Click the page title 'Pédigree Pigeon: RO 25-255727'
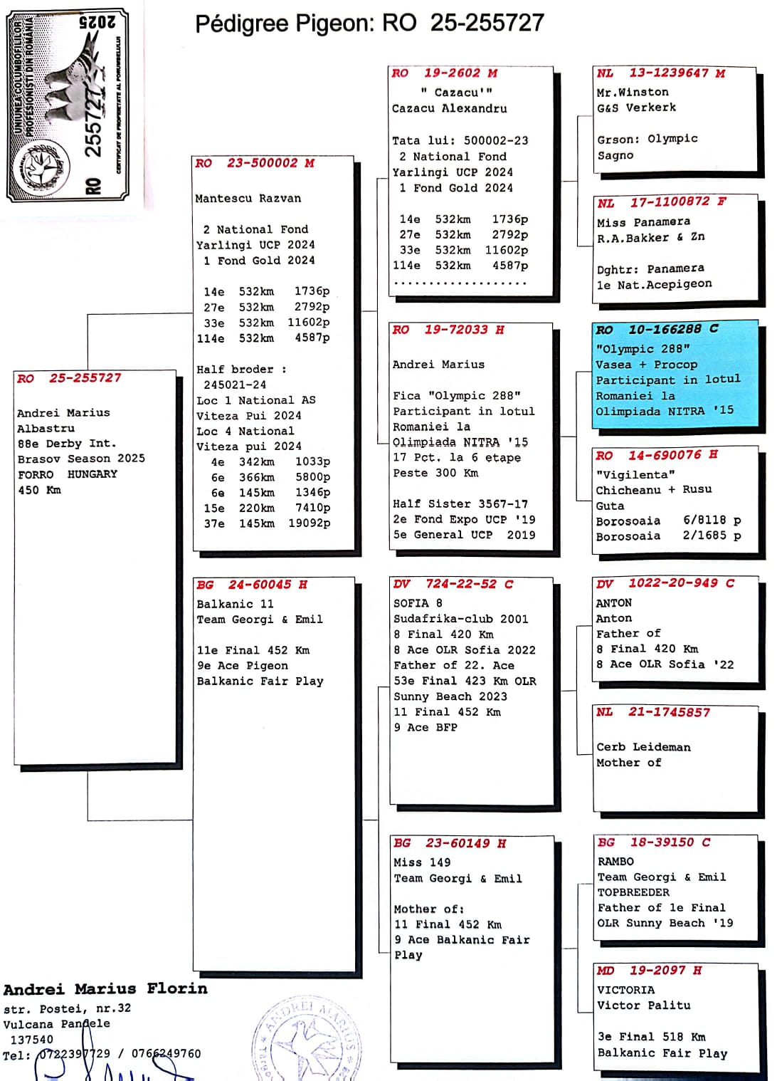point(369,23)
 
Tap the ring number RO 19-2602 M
point(444,73)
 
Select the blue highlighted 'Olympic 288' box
point(675,374)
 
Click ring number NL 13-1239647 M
point(661,73)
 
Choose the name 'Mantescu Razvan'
point(248,199)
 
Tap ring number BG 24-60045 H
point(252,585)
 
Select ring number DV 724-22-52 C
point(453,584)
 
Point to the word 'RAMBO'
point(615,861)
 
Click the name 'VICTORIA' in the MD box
point(625,990)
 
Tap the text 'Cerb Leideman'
point(643,747)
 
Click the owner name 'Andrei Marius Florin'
point(105,989)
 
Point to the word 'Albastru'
point(46,429)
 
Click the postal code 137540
point(31,1040)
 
